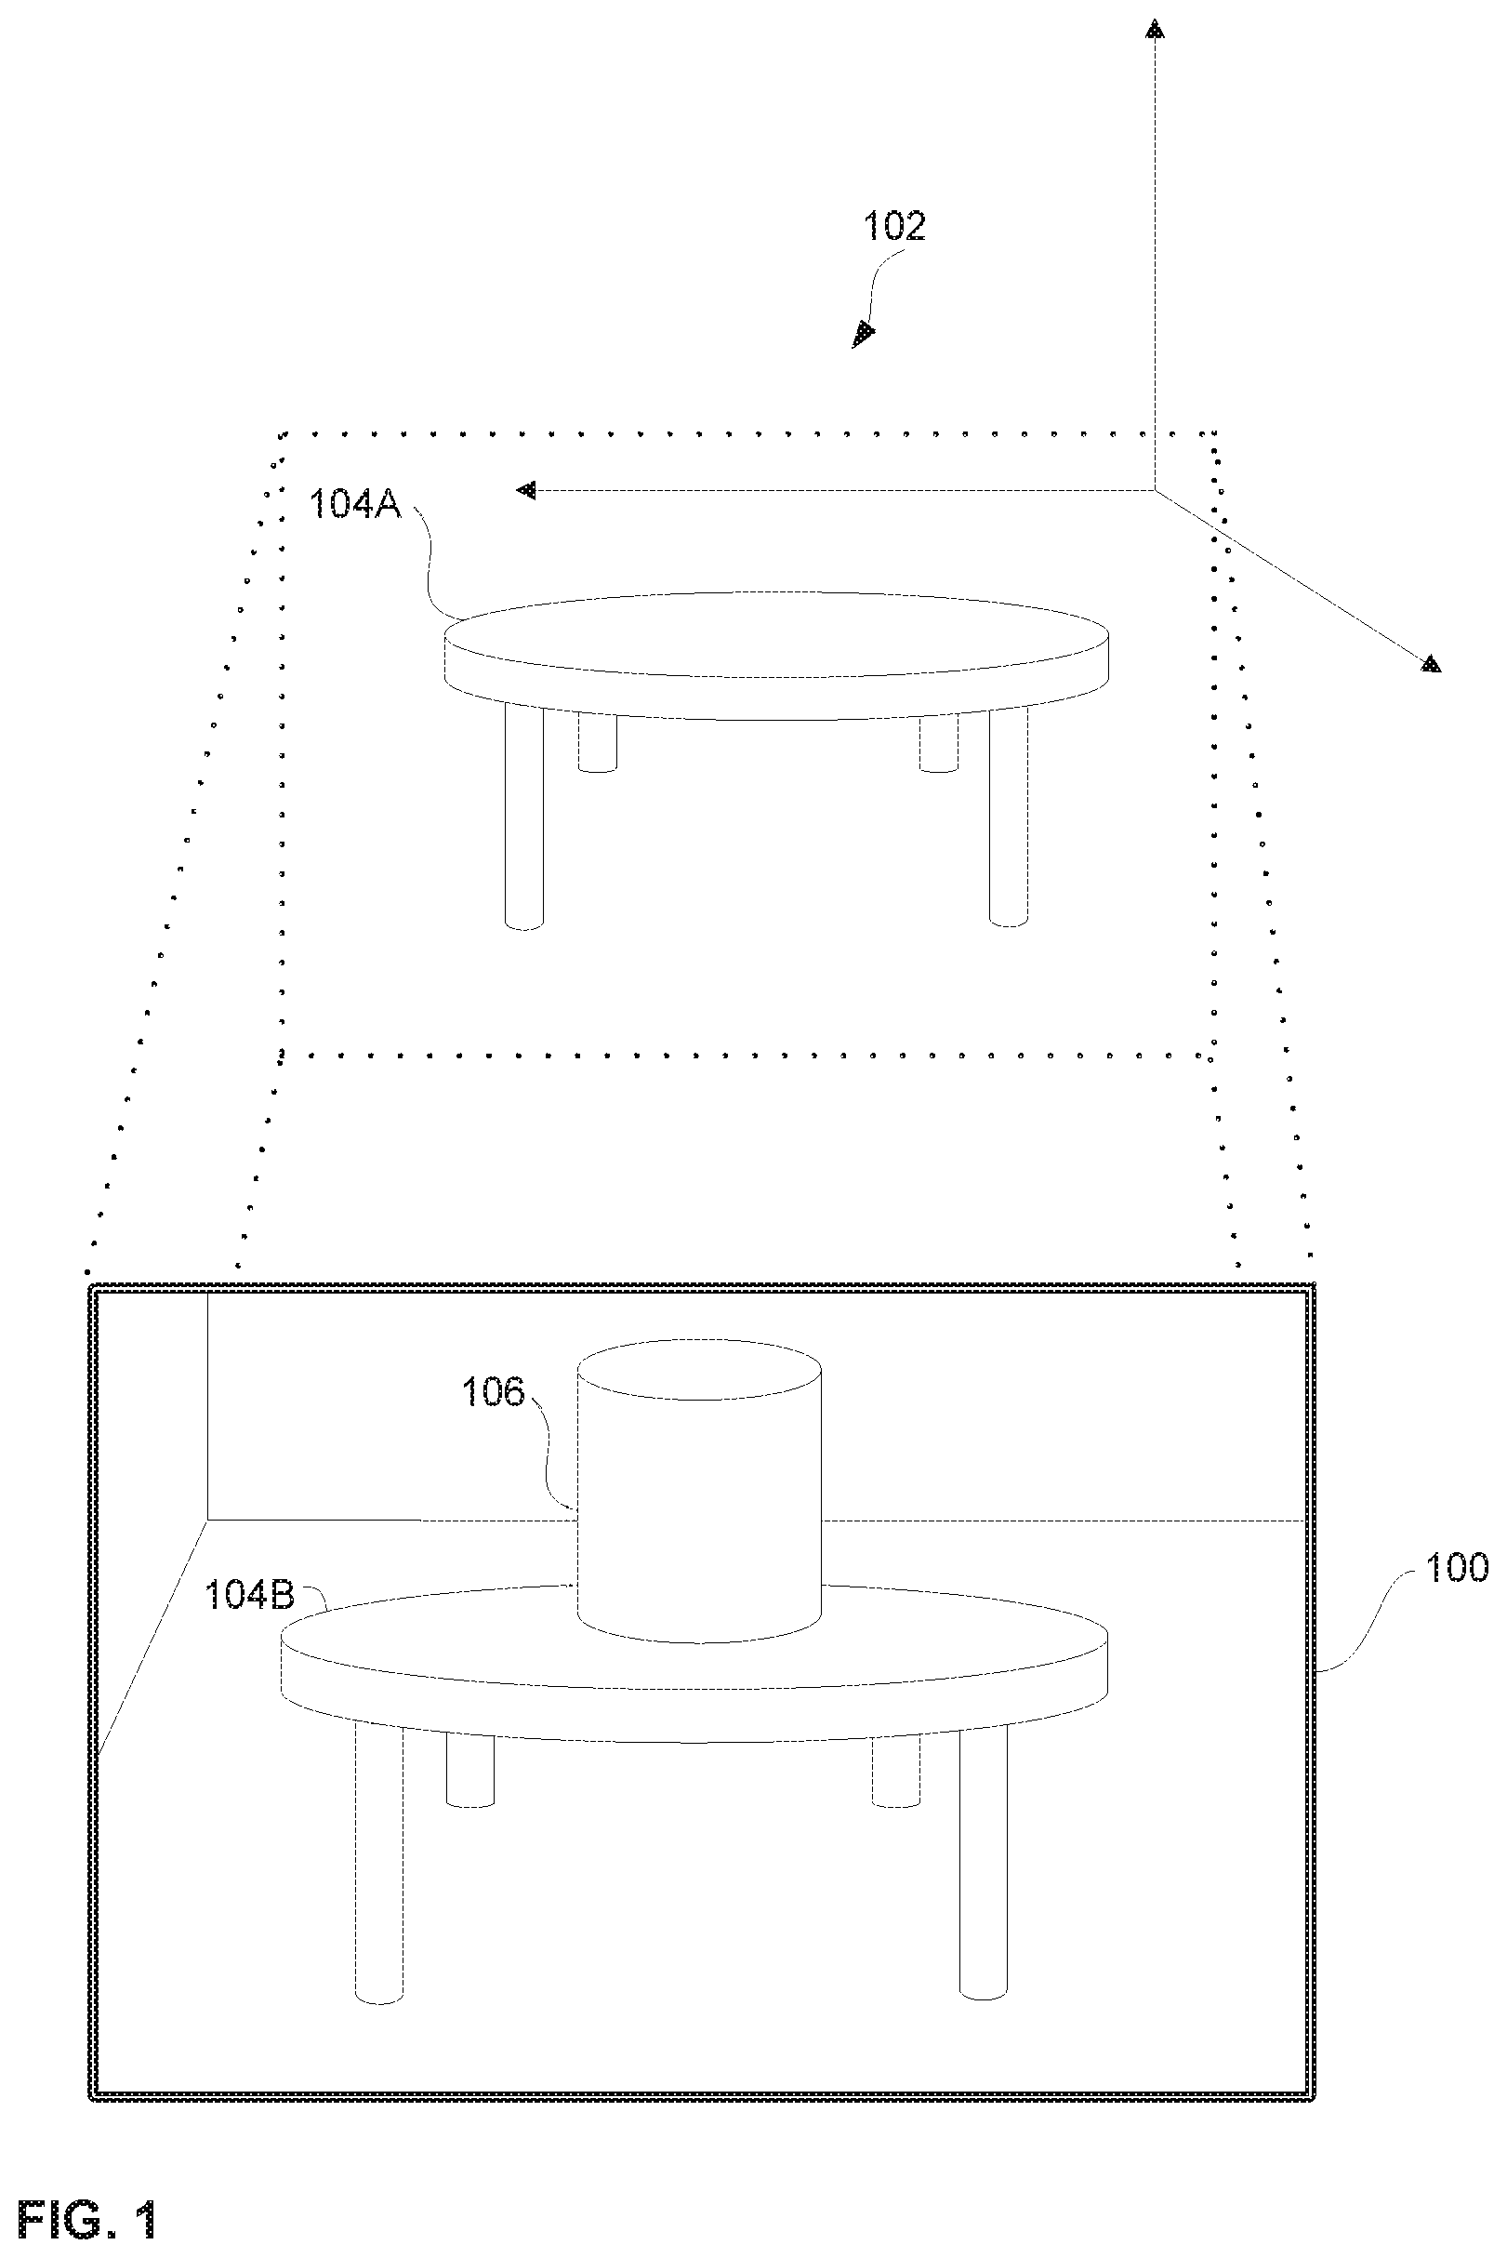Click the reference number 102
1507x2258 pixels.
point(893,226)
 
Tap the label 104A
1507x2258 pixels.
point(354,504)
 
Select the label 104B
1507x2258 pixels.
point(249,1595)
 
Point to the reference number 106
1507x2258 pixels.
point(493,1392)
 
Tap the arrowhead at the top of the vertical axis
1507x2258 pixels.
point(1155,30)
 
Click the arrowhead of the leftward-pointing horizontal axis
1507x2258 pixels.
point(525,491)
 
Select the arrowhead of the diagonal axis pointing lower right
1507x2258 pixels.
point(1431,663)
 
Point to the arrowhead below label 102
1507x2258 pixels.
point(864,334)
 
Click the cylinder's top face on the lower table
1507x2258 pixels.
point(699,1369)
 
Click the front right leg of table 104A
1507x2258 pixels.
point(1008,817)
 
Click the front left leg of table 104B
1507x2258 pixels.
point(379,1862)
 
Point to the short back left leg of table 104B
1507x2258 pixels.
point(471,1771)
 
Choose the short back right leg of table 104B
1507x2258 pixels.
point(896,1772)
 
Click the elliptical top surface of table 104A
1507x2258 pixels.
point(776,634)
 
